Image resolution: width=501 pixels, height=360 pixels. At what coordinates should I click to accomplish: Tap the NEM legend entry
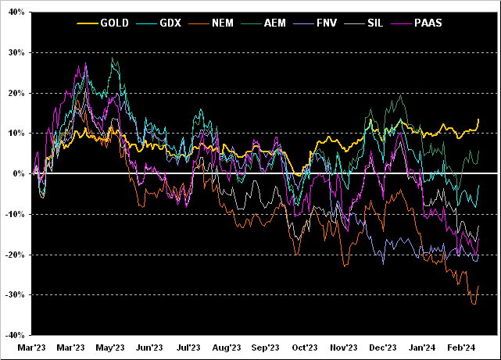tap(221, 23)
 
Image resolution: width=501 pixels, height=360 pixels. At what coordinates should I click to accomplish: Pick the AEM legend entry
tap(274, 23)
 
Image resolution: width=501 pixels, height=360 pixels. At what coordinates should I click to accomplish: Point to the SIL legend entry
tap(375, 23)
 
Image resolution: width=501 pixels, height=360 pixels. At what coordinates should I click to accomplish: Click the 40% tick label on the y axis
tap(16, 12)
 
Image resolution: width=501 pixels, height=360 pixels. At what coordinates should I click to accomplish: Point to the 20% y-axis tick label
tap(16, 93)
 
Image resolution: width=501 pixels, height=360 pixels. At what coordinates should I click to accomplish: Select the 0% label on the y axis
tap(19, 173)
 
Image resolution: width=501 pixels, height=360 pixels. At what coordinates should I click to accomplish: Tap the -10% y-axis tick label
tap(14, 214)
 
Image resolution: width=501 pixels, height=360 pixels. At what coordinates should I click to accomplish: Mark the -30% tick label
tap(14, 294)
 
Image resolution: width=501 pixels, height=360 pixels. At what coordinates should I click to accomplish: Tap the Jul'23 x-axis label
tap(188, 348)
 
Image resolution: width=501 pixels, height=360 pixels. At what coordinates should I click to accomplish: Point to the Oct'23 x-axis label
tap(305, 348)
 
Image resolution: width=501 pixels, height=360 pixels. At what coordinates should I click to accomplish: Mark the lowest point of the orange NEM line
tap(474, 304)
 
